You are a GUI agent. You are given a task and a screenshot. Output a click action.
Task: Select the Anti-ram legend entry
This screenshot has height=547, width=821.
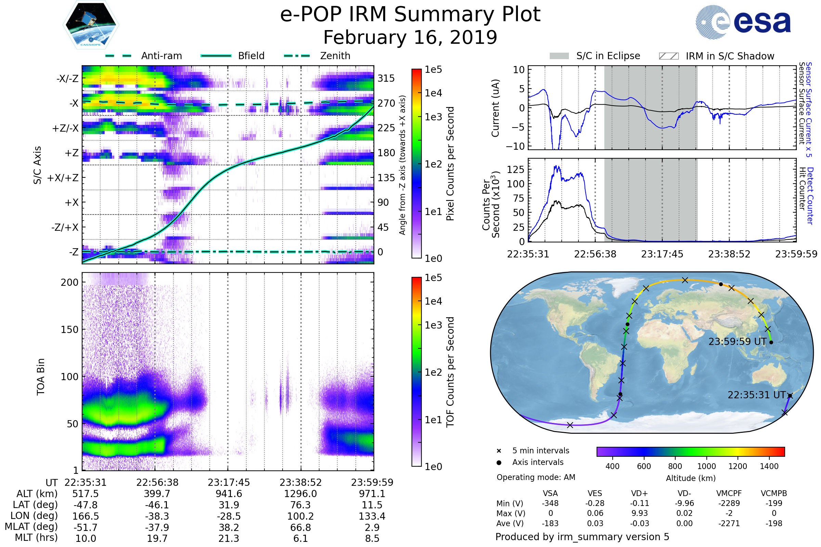coord(161,56)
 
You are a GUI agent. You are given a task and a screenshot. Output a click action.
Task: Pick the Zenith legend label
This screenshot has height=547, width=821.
coord(335,56)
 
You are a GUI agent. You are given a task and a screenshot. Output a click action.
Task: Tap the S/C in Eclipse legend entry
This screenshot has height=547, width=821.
coord(608,56)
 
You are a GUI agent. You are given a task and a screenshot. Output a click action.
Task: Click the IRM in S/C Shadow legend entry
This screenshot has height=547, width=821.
coord(730,56)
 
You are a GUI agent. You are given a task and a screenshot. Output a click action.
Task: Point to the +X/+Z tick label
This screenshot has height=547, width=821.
coord(63,178)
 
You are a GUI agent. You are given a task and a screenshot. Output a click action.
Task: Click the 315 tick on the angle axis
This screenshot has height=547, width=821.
coord(386,78)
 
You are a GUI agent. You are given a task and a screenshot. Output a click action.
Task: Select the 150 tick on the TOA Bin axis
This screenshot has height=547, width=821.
coord(69,329)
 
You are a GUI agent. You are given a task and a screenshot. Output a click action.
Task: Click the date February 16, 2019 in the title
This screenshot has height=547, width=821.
coord(410,37)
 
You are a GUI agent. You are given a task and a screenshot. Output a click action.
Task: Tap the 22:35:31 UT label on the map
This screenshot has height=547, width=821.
coord(756,395)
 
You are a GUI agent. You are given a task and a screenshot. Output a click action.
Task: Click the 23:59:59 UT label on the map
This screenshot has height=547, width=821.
coord(737,342)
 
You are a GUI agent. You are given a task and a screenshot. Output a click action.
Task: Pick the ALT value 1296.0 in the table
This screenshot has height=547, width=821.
coord(300,494)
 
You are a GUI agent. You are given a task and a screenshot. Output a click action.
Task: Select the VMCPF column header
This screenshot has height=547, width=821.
coord(729,493)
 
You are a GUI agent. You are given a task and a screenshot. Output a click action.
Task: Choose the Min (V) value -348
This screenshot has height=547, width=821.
coord(550,503)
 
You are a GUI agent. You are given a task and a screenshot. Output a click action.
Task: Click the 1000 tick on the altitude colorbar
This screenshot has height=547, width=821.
coord(706,466)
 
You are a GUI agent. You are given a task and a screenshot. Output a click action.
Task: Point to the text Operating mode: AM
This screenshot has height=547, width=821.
coord(536,477)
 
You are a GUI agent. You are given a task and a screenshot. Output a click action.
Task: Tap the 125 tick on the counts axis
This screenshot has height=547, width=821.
coord(516,170)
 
